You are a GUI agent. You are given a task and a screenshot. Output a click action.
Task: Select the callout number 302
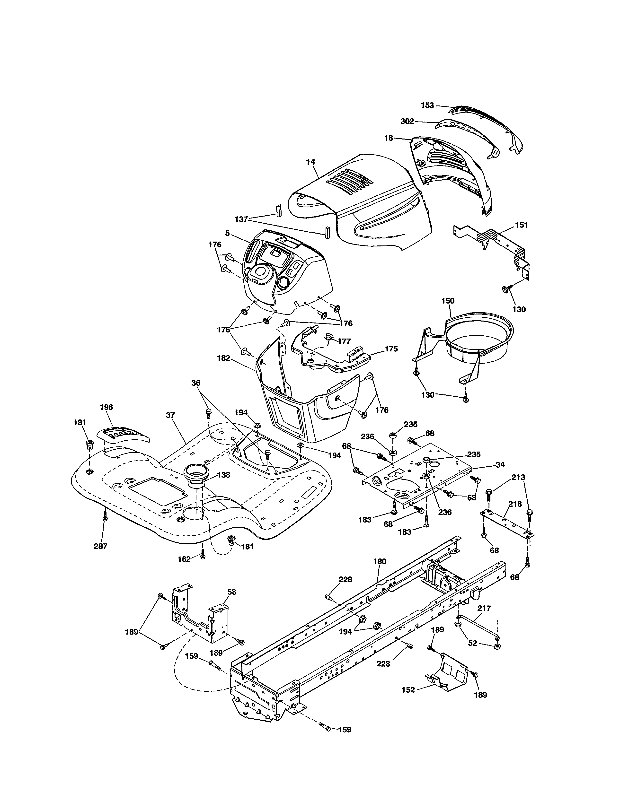[407, 121]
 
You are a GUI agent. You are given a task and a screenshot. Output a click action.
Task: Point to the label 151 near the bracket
[521, 225]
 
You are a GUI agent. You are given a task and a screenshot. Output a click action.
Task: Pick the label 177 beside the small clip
[344, 341]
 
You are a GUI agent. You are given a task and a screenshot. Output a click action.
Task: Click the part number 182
[223, 358]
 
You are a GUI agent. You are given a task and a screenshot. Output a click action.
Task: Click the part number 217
[484, 608]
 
